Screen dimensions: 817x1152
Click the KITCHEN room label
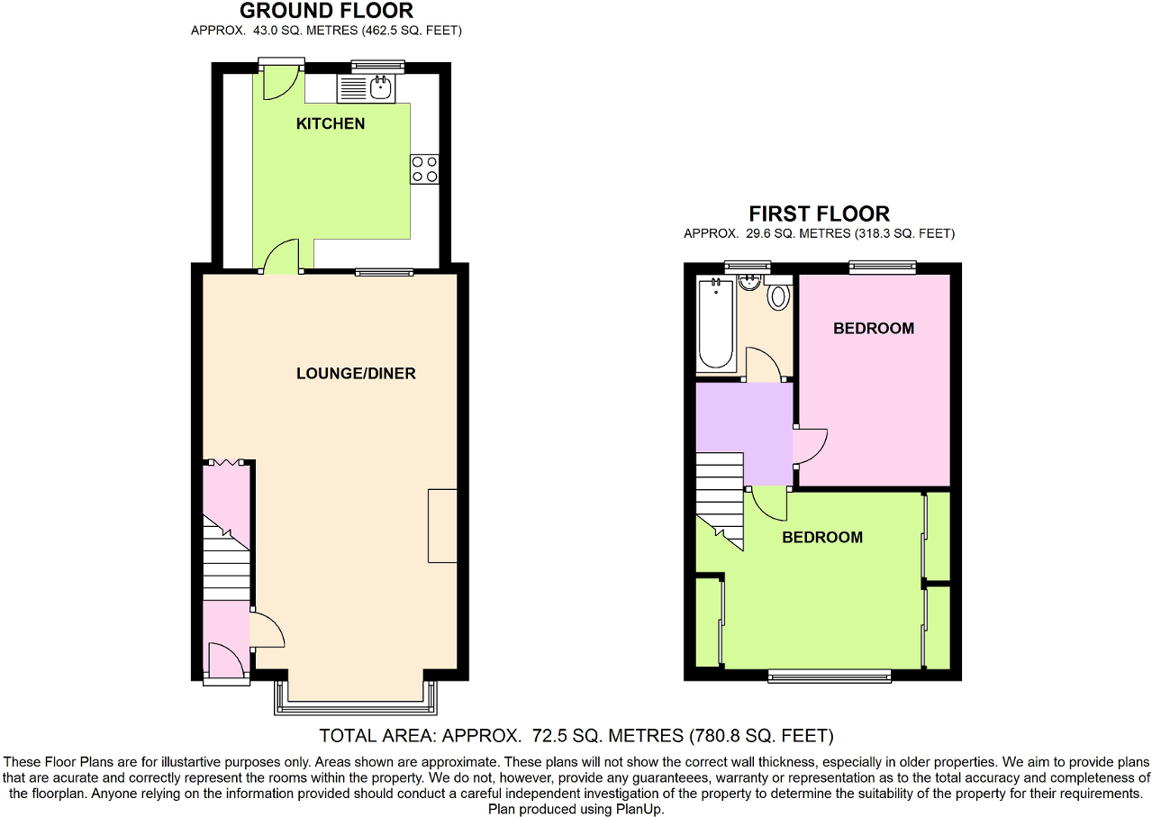click(331, 123)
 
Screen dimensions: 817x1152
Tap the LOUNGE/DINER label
click(356, 374)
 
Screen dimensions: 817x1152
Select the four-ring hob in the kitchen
click(424, 169)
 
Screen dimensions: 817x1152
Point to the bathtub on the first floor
click(716, 324)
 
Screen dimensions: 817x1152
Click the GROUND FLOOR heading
click(326, 12)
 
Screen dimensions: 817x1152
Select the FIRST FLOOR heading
click(819, 214)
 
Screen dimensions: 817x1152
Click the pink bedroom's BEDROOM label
click(873, 329)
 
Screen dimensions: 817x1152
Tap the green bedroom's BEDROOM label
click(821, 538)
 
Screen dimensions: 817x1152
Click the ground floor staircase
click(226, 558)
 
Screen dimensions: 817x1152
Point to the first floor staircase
click(720, 495)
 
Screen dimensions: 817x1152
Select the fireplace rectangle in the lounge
click(442, 526)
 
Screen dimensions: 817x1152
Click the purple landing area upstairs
click(744, 423)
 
